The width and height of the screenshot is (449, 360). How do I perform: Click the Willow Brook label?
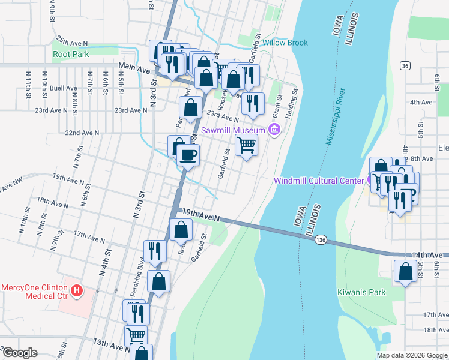(285, 43)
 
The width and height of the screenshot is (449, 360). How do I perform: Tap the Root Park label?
(70, 54)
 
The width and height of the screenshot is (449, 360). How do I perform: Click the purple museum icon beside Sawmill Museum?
(274, 130)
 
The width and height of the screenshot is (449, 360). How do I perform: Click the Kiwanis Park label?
(361, 292)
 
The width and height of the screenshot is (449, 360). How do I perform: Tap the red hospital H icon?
(76, 292)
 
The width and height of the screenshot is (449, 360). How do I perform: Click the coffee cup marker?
(188, 155)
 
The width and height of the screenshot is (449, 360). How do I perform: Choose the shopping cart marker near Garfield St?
(246, 145)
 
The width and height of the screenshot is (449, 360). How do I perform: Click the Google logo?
(19, 353)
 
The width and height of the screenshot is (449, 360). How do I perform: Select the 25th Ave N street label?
(72, 44)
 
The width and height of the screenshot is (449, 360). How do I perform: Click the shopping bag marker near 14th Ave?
(406, 271)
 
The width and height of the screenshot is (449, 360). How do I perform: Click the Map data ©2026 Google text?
(411, 355)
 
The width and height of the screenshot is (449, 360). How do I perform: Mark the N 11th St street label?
(28, 83)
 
